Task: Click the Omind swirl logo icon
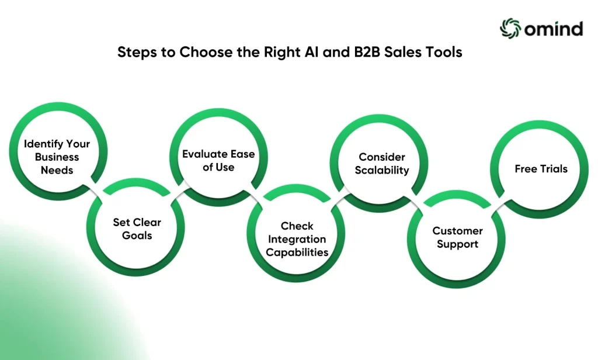tap(510, 29)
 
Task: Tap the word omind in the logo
tap(554, 29)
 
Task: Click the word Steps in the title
tap(137, 53)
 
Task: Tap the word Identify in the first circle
tap(43, 144)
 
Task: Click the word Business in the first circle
tap(57, 157)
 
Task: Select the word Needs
tap(57, 170)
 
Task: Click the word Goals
tap(137, 235)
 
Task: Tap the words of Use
tap(218, 167)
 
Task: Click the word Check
tap(297, 226)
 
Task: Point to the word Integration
tap(297, 240)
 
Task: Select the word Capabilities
tap(297, 252)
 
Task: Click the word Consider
tap(382, 157)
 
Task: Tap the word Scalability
tap(382, 170)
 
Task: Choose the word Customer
tap(457, 231)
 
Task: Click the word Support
tap(457, 244)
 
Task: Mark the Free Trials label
tap(541, 169)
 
